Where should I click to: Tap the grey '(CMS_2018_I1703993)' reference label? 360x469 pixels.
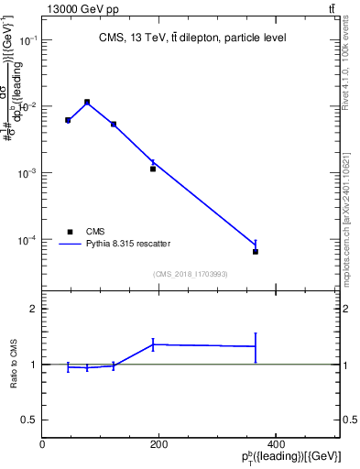click(x=190, y=274)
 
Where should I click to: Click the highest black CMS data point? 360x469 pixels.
click(x=87, y=103)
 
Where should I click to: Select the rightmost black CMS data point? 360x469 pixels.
click(x=256, y=251)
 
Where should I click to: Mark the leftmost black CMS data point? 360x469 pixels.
click(x=68, y=120)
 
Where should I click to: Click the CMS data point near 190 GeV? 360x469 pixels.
click(x=153, y=169)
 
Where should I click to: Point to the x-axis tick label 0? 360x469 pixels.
click(x=43, y=443)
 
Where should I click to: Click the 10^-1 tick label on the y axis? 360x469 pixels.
click(x=27, y=41)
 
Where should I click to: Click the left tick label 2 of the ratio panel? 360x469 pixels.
click(x=33, y=310)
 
